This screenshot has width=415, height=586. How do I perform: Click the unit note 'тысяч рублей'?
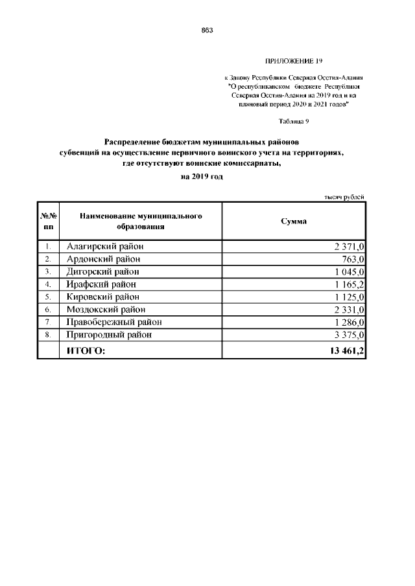[x=344, y=197]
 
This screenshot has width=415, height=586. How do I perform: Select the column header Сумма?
[x=293, y=221]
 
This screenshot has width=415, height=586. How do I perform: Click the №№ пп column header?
[x=49, y=221]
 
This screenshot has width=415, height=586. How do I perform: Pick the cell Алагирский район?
[x=105, y=247]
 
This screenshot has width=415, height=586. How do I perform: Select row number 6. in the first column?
[x=49, y=310]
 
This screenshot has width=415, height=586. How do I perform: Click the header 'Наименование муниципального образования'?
[x=141, y=221]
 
